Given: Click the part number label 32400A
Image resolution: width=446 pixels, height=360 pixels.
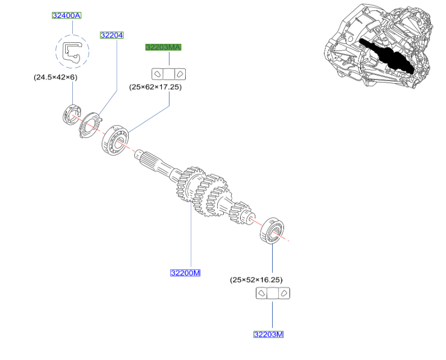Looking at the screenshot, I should coord(66,16).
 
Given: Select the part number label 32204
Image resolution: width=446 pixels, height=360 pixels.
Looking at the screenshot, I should coord(112,35).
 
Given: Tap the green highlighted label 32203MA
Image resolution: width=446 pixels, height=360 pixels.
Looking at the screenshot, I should coord(163,48).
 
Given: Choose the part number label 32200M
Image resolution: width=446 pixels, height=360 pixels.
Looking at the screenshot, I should coord(185,273).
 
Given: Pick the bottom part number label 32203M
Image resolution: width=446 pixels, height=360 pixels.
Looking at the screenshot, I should coord(268,334).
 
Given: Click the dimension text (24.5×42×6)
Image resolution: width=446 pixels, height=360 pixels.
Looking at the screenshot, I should coord(56,77).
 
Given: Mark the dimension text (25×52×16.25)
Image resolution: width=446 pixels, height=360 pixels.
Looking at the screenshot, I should coord(256,280).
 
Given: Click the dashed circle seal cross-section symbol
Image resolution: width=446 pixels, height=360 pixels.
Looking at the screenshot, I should coord(72,52).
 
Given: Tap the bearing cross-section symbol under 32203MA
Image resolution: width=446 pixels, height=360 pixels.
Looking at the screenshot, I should coord(168,73).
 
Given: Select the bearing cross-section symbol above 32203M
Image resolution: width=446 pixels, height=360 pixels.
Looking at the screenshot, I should coord(272,294).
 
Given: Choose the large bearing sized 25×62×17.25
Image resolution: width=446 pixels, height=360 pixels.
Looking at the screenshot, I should coord(114,139).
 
